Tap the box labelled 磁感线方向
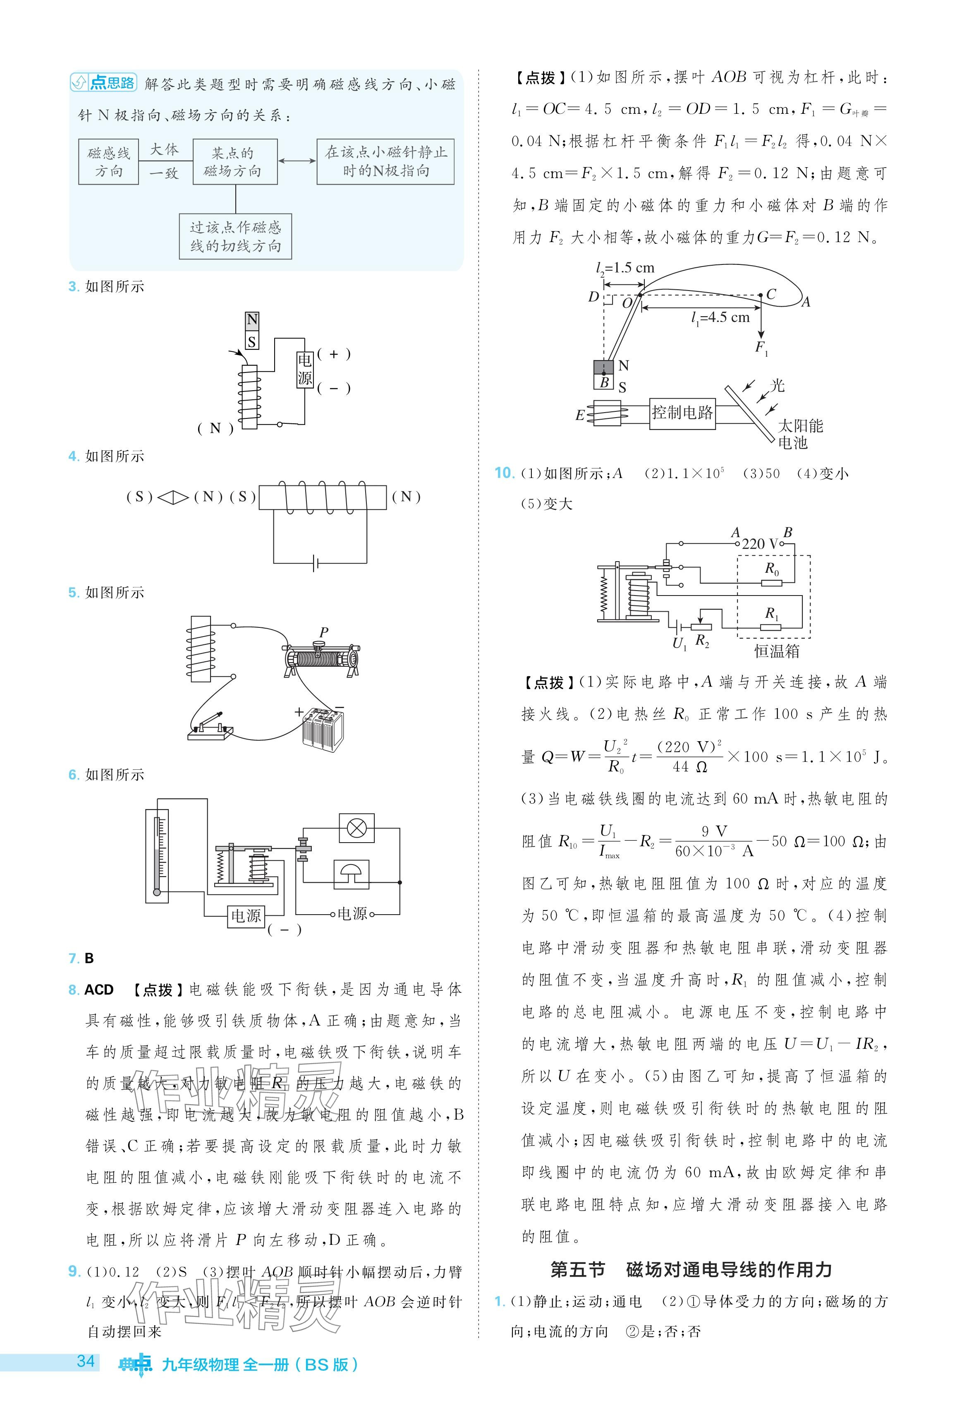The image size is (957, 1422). point(109,162)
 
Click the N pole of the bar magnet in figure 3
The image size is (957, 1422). point(252,320)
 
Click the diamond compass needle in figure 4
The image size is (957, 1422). point(173,497)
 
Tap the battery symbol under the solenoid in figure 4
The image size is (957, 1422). point(315,562)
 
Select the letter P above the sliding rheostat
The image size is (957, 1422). point(323,632)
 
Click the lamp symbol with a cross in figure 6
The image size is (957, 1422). point(356,829)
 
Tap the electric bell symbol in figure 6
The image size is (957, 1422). point(351,873)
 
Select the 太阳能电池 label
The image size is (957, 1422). point(799,433)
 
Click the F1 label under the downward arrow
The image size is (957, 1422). point(761,348)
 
